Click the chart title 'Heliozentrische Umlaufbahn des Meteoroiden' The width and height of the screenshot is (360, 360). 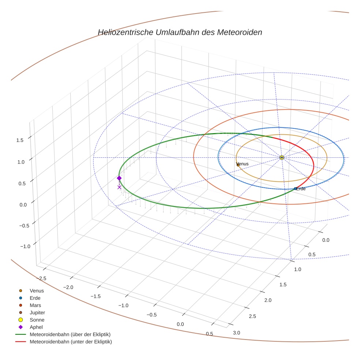(x=180, y=32)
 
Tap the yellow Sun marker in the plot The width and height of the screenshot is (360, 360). (x=281, y=157)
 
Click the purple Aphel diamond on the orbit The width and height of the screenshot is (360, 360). (x=119, y=178)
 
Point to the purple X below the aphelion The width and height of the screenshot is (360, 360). (x=119, y=187)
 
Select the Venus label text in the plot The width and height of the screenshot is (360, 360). (x=242, y=164)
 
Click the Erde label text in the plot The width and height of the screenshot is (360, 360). (x=301, y=189)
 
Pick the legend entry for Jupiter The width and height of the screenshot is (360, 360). (x=37, y=313)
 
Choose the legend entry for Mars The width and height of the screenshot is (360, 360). (x=35, y=305)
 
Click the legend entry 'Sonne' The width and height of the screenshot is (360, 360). (x=37, y=320)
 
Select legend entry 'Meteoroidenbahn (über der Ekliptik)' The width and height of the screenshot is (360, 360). (x=70, y=335)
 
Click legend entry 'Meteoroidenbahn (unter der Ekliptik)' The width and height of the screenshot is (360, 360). (x=71, y=342)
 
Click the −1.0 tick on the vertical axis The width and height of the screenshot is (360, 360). (x=25, y=247)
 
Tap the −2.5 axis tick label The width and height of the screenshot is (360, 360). (x=41, y=279)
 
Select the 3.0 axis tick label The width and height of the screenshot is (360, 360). (x=237, y=333)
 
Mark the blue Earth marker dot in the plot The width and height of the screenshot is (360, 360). (x=295, y=189)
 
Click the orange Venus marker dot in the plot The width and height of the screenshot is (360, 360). (x=238, y=165)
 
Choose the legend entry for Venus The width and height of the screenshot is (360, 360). (x=37, y=291)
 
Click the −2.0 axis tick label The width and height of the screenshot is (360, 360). (x=68, y=287)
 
